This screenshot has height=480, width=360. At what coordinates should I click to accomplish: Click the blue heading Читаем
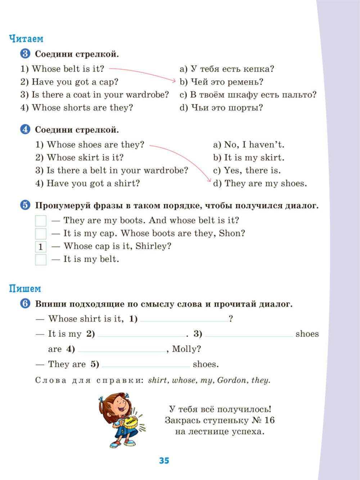pos(26,39)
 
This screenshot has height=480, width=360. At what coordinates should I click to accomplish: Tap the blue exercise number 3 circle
pos(25,54)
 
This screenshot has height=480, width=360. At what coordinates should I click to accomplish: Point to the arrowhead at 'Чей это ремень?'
pos(174,81)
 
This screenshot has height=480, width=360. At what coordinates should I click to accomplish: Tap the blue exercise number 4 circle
pos(25,130)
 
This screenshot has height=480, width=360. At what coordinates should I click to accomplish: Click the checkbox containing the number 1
pos(41,247)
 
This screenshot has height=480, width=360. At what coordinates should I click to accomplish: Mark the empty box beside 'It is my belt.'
pos(41,260)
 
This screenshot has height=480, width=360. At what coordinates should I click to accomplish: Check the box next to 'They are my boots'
pos(41,221)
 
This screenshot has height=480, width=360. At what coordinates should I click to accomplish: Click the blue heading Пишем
pos(25,289)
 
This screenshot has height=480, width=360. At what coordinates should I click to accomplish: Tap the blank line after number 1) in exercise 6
pos(184,319)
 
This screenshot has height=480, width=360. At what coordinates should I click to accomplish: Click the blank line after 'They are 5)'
pos(146,364)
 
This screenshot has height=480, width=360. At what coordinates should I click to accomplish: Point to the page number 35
pos(164,461)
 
